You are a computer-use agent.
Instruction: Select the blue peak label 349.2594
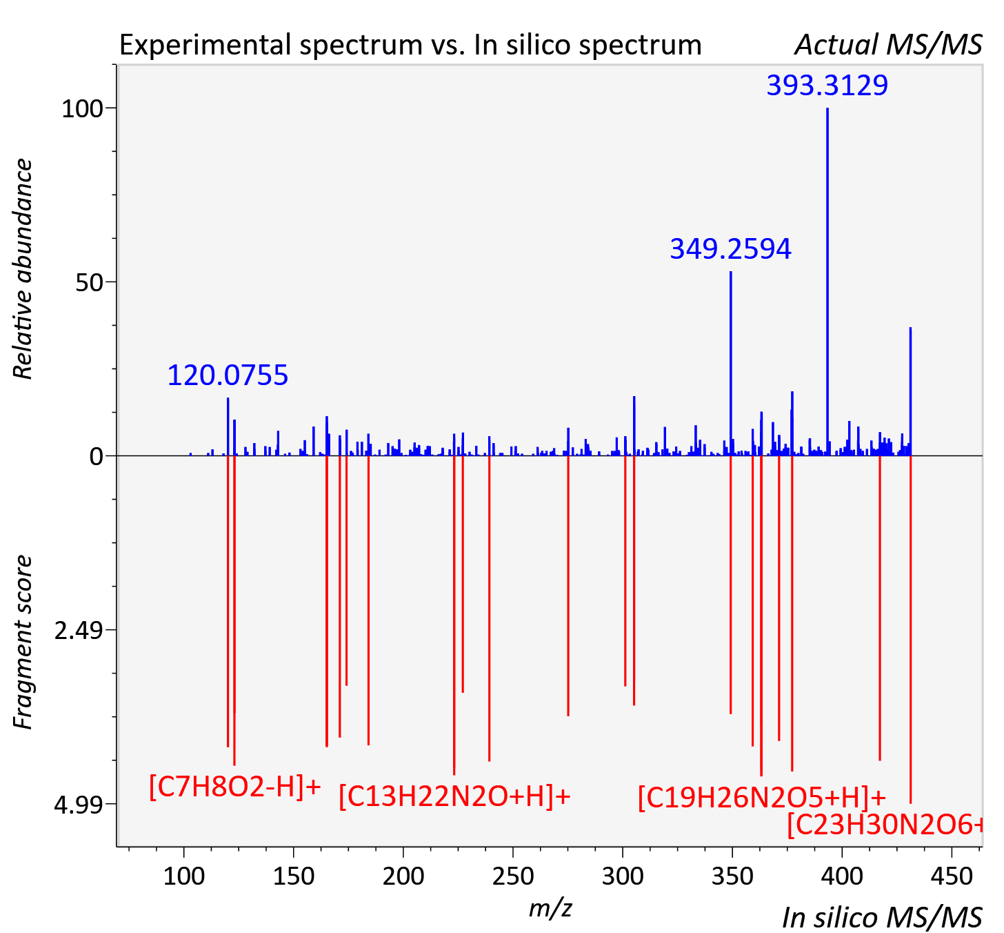(730, 249)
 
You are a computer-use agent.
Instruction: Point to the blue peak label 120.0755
(228, 375)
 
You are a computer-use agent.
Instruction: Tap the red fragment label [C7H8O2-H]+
(235, 787)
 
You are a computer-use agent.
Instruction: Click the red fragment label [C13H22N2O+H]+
(454, 796)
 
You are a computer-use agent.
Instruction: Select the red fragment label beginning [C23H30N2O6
(885, 825)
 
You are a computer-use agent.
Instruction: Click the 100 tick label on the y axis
(82, 108)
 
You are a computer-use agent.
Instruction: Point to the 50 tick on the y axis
(89, 282)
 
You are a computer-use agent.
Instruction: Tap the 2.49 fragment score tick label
(79, 631)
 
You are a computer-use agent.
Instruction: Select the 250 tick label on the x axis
(512, 876)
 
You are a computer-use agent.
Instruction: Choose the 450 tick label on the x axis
(952, 876)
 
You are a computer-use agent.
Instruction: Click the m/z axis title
(550, 907)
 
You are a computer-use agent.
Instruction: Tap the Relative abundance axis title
(22, 269)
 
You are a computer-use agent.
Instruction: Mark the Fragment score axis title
(22, 642)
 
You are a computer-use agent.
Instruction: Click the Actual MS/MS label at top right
(889, 45)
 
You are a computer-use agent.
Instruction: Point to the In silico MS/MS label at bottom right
(883, 917)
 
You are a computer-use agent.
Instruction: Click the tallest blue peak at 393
(827, 282)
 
